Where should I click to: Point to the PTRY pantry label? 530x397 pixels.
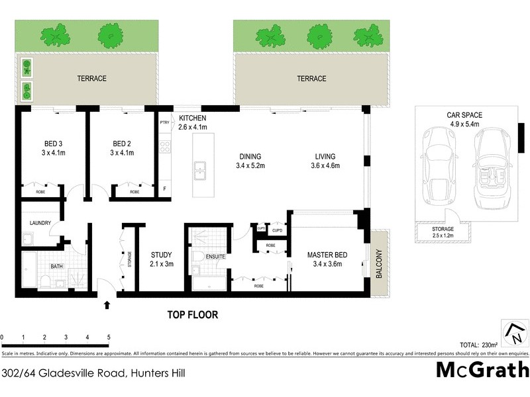pos(164,122)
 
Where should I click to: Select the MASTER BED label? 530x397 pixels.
pos(329,255)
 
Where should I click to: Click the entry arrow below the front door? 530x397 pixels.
pos(107,305)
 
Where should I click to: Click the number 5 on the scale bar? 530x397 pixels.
pos(109,338)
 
